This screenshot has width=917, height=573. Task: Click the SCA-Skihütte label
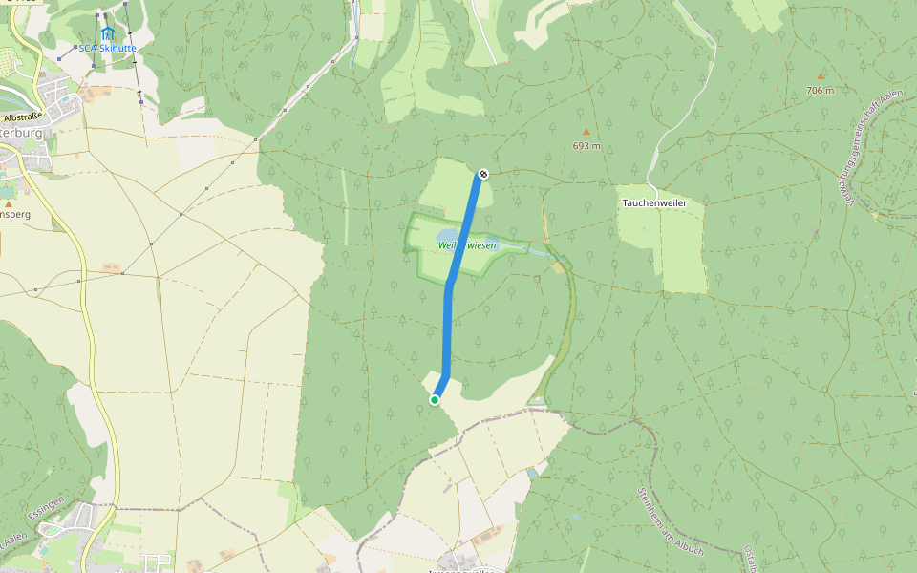tap(107, 48)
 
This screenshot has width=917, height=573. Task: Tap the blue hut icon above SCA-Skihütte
tap(107, 33)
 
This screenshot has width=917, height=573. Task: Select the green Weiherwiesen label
tap(467, 245)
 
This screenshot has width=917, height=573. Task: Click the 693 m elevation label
tap(586, 146)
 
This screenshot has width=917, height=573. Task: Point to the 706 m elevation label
tap(820, 90)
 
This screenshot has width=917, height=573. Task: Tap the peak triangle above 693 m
tap(586, 132)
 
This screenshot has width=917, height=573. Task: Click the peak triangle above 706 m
tap(820, 75)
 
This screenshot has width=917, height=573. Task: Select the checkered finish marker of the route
tap(484, 174)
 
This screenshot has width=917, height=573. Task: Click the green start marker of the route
tap(435, 400)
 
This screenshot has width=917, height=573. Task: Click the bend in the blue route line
tap(449, 283)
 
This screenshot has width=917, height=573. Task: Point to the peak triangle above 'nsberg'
tap(8, 203)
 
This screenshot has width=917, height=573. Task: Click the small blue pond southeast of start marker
tap(531, 473)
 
